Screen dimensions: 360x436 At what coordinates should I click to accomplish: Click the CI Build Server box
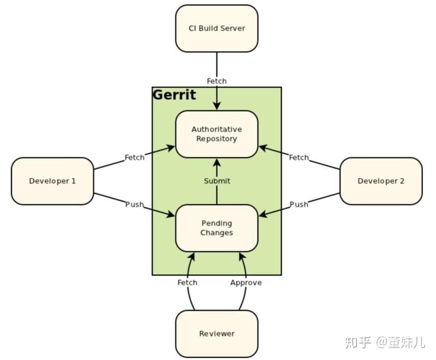pyautogui.click(x=216, y=28)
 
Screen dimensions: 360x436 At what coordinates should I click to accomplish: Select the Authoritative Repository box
pyautogui.click(x=216, y=134)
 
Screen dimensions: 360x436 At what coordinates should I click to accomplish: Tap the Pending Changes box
pyautogui.click(x=216, y=228)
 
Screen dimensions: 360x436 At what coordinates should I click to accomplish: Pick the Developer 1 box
pyautogui.click(x=52, y=181)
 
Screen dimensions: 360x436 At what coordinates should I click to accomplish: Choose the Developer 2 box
pyautogui.click(x=381, y=181)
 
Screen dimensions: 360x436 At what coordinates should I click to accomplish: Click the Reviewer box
pyautogui.click(x=216, y=334)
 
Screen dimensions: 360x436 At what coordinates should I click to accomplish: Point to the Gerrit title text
pyautogui.click(x=174, y=95)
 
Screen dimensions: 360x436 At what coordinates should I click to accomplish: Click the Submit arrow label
pyautogui.click(x=217, y=181)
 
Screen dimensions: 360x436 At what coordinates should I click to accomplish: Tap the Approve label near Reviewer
pyautogui.click(x=246, y=283)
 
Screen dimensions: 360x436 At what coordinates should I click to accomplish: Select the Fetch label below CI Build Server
pyautogui.click(x=216, y=81)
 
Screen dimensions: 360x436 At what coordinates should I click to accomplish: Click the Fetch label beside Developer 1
pyautogui.click(x=135, y=158)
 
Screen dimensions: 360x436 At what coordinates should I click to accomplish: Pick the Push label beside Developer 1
pyautogui.click(x=135, y=205)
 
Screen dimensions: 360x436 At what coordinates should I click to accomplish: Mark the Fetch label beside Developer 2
pyautogui.click(x=299, y=158)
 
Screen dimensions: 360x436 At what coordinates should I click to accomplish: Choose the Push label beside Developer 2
pyautogui.click(x=299, y=205)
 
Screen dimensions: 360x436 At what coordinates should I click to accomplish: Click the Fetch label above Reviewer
pyautogui.click(x=187, y=283)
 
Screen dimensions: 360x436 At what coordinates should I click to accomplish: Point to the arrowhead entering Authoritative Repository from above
pyautogui.click(x=217, y=107)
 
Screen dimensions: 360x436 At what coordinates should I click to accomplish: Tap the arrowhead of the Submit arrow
pyautogui.click(x=217, y=162)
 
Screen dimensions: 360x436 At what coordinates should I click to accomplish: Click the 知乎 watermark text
pyautogui.click(x=358, y=343)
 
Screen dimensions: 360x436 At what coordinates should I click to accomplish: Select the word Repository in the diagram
pyautogui.click(x=216, y=139)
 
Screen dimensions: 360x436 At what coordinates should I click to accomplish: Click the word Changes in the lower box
pyautogui.click(x=216, y=233)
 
